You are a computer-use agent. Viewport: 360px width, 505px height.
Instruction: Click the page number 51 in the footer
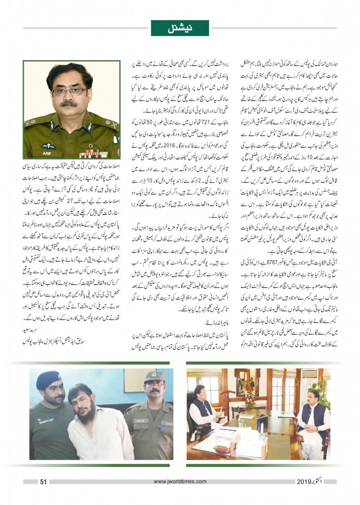(x=43, y=482)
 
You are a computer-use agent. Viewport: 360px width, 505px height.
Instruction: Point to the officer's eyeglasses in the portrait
(x=71, y=91)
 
